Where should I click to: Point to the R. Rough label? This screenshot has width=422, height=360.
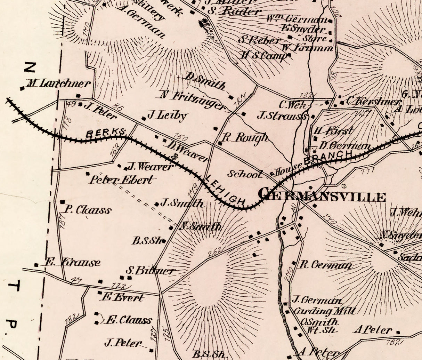click(245, 137)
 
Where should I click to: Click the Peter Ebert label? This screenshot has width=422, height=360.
click(121, 180)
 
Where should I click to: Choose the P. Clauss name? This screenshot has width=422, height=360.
click(88, 210)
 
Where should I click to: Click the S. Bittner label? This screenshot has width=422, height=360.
click(150, 270)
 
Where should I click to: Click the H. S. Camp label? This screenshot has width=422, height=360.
click(263, 55)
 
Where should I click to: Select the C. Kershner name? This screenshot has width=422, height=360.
click(372, 101)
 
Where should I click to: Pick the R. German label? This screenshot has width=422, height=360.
click(325, 265)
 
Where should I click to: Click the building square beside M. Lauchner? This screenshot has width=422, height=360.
click(23, 88)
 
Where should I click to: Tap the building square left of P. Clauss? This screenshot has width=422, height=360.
click(63, 202)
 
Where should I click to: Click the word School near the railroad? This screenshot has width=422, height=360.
click(245, 174)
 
